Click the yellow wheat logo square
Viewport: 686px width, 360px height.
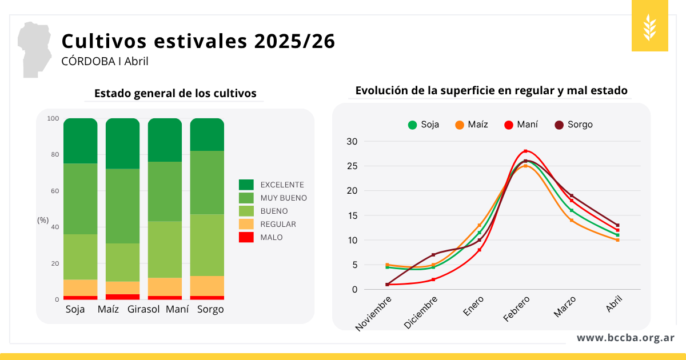(x=650, y=26)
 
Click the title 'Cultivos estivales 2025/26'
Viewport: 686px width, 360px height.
(x=198, y=41)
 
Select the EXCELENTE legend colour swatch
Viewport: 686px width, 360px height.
(x=246, y=185)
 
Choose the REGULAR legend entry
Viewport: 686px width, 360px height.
(x=278, y=224)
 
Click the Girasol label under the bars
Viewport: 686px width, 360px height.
(x=143, y=309)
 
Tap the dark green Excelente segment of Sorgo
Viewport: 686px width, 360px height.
(x=207, y=134)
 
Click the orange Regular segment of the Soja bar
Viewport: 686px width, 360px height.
(x=81, y=287)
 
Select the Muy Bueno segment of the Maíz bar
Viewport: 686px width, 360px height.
(x=122, y=206)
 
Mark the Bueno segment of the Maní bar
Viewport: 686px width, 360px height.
(x=165, y=249)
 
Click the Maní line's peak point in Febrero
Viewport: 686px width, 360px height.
(x=525, y=151)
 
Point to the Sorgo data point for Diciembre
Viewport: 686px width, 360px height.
(x=433, y=255)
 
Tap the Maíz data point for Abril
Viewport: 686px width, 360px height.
(x=618, y=240)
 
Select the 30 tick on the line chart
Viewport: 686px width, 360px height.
(x=352, y=142)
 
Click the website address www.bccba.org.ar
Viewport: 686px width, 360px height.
(x=625, y=338)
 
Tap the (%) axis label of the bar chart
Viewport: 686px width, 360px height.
(x=43, y=220)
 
